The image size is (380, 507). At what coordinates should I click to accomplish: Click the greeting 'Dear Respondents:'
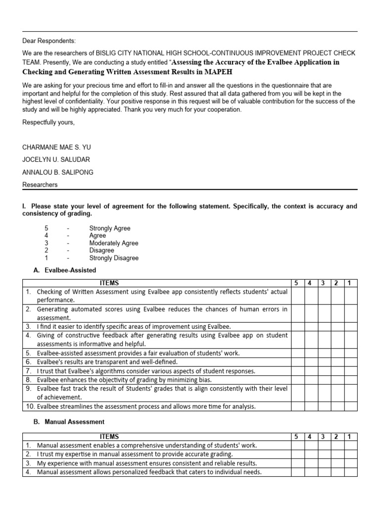pos(49,41)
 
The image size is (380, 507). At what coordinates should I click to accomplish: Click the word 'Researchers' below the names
pos(40,185)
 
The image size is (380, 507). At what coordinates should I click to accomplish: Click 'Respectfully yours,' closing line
pos(48,122)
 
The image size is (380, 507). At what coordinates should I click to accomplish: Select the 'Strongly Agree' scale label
pos(110,228)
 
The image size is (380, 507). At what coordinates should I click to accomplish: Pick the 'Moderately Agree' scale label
pos(114,243)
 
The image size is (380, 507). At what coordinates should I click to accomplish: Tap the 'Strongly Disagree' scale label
pos(114,258)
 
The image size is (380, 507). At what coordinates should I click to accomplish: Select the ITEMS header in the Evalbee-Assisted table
pos(109,283)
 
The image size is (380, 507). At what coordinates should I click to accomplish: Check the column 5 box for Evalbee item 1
pos(297,296)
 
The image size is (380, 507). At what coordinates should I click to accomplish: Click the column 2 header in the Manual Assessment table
pos(336,436)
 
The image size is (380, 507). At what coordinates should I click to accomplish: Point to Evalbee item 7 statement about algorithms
pos(146,371)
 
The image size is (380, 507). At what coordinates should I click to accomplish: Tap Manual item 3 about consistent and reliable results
pos(147,463)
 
